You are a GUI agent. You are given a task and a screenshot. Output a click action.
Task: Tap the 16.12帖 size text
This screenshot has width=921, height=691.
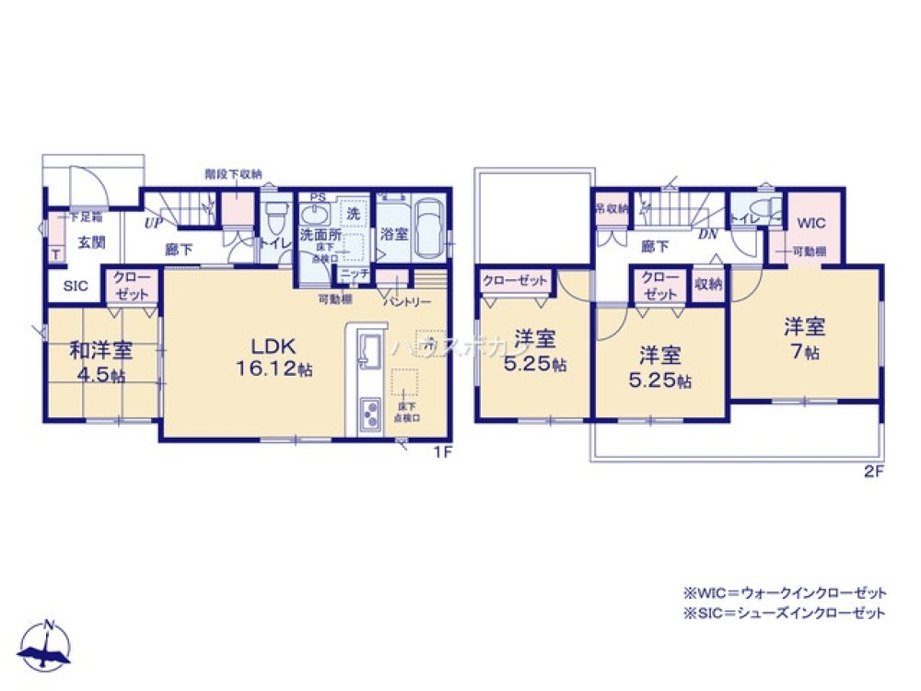(274, 369)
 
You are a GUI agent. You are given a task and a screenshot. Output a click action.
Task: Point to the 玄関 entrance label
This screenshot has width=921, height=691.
(90, 242)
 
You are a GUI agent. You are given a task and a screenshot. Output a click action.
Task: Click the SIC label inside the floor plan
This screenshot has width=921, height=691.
(76, 286)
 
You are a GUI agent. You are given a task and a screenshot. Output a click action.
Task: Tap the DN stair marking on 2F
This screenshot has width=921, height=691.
(707, 234)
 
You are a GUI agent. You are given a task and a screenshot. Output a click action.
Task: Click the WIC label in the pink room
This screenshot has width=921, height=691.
(810, 222)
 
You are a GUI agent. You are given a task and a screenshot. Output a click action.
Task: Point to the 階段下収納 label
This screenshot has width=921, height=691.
(233, 173)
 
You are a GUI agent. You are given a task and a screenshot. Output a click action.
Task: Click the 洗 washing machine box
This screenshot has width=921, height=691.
(354, 213)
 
